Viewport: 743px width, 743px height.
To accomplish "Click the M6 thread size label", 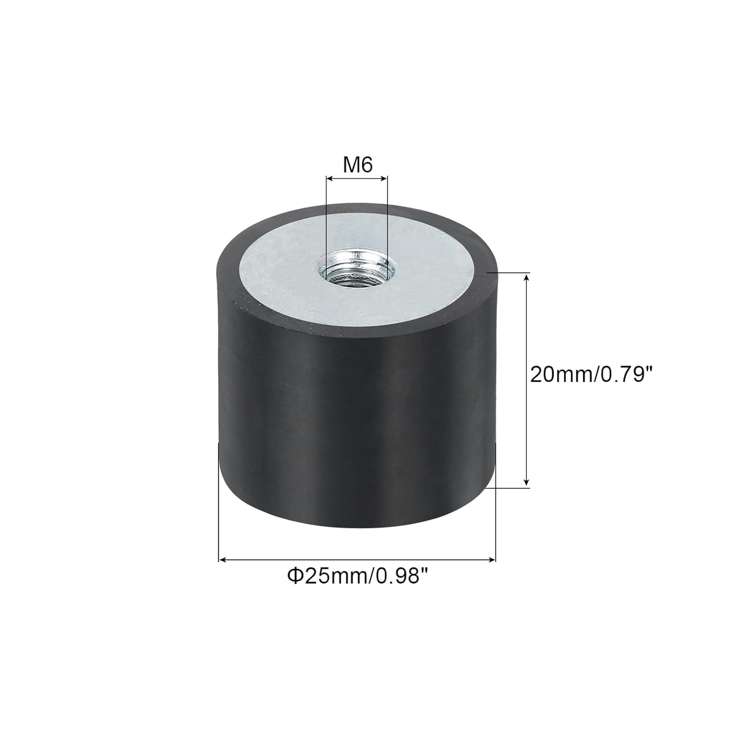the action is (x=357, y=166).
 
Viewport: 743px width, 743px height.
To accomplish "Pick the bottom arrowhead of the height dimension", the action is (x=527, y=483).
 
